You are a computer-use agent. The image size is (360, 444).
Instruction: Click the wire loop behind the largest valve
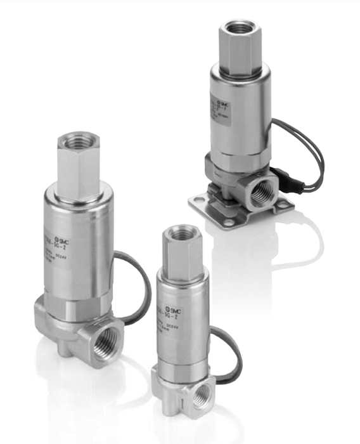129,279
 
